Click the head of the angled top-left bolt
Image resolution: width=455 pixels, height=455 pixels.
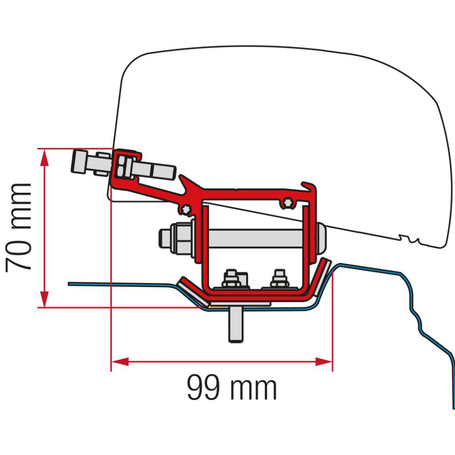click(80, 162)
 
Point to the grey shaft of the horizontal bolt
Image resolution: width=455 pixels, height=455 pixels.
click(255, 237)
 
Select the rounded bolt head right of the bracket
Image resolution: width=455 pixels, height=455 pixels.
click(321, 237)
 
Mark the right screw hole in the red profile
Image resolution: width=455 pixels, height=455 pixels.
click(287, 200)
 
